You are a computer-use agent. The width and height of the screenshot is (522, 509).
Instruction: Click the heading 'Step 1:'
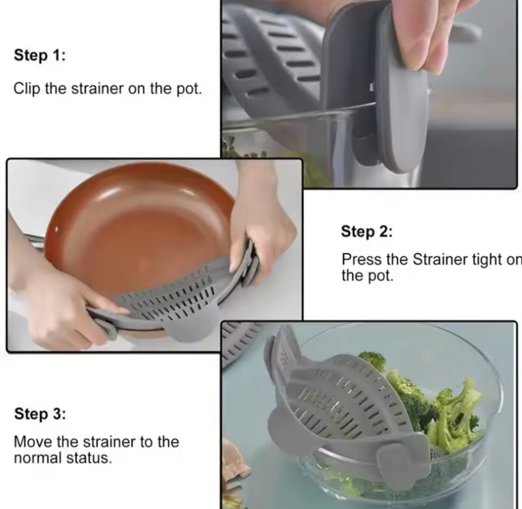point(40,55)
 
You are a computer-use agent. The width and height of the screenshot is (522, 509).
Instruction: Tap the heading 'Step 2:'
point(367,231)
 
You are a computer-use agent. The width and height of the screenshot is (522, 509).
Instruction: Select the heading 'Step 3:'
point(40,414)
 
